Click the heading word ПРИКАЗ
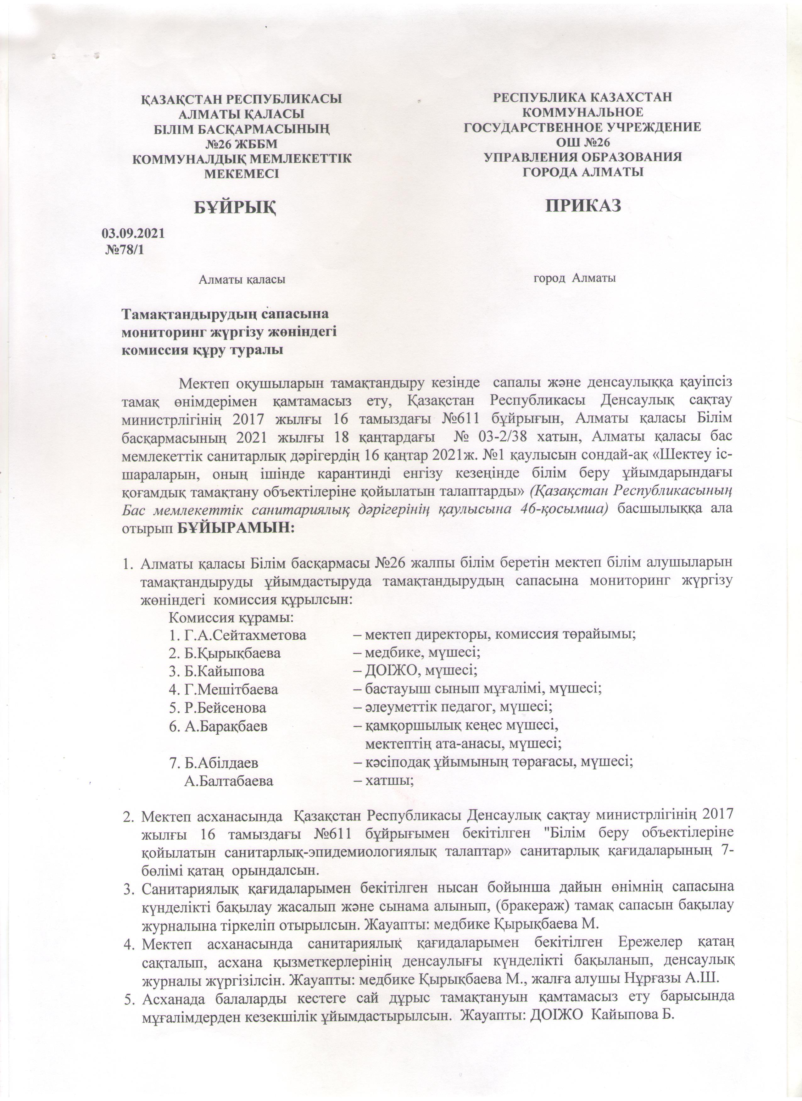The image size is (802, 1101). click(583, 206)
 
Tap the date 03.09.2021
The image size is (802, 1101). click(133, 233)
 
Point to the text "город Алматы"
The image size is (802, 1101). click(575, 278)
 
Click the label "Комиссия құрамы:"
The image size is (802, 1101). click(231, 618)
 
